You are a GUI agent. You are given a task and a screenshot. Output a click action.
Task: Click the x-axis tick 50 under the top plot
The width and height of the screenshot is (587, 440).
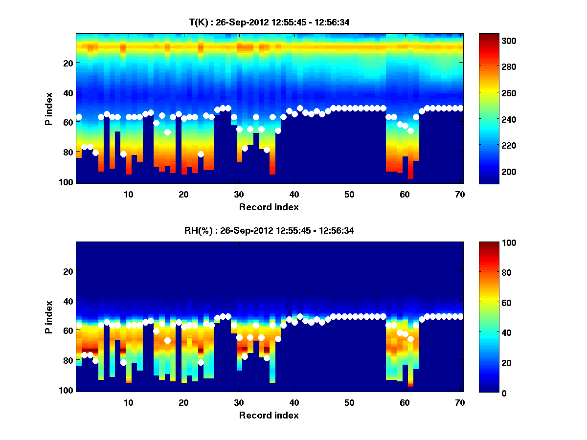(x=349, y=194)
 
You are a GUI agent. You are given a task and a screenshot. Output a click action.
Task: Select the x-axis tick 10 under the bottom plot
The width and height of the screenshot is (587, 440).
(x=128, y=402)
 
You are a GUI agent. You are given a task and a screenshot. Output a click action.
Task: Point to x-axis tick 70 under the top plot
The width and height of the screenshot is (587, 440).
(x=459, y=194)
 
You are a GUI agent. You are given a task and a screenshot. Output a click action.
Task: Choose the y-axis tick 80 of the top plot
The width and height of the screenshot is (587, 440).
(x=67, y=152)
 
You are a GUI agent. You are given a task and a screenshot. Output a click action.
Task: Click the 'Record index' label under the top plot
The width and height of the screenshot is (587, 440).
(x=269, y=207)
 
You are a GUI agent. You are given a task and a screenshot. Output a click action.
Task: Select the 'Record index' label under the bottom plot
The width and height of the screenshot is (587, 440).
(x=269, y=415)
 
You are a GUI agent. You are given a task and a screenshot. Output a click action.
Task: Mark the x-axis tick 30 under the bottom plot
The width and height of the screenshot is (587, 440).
(x=239, y=402)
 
